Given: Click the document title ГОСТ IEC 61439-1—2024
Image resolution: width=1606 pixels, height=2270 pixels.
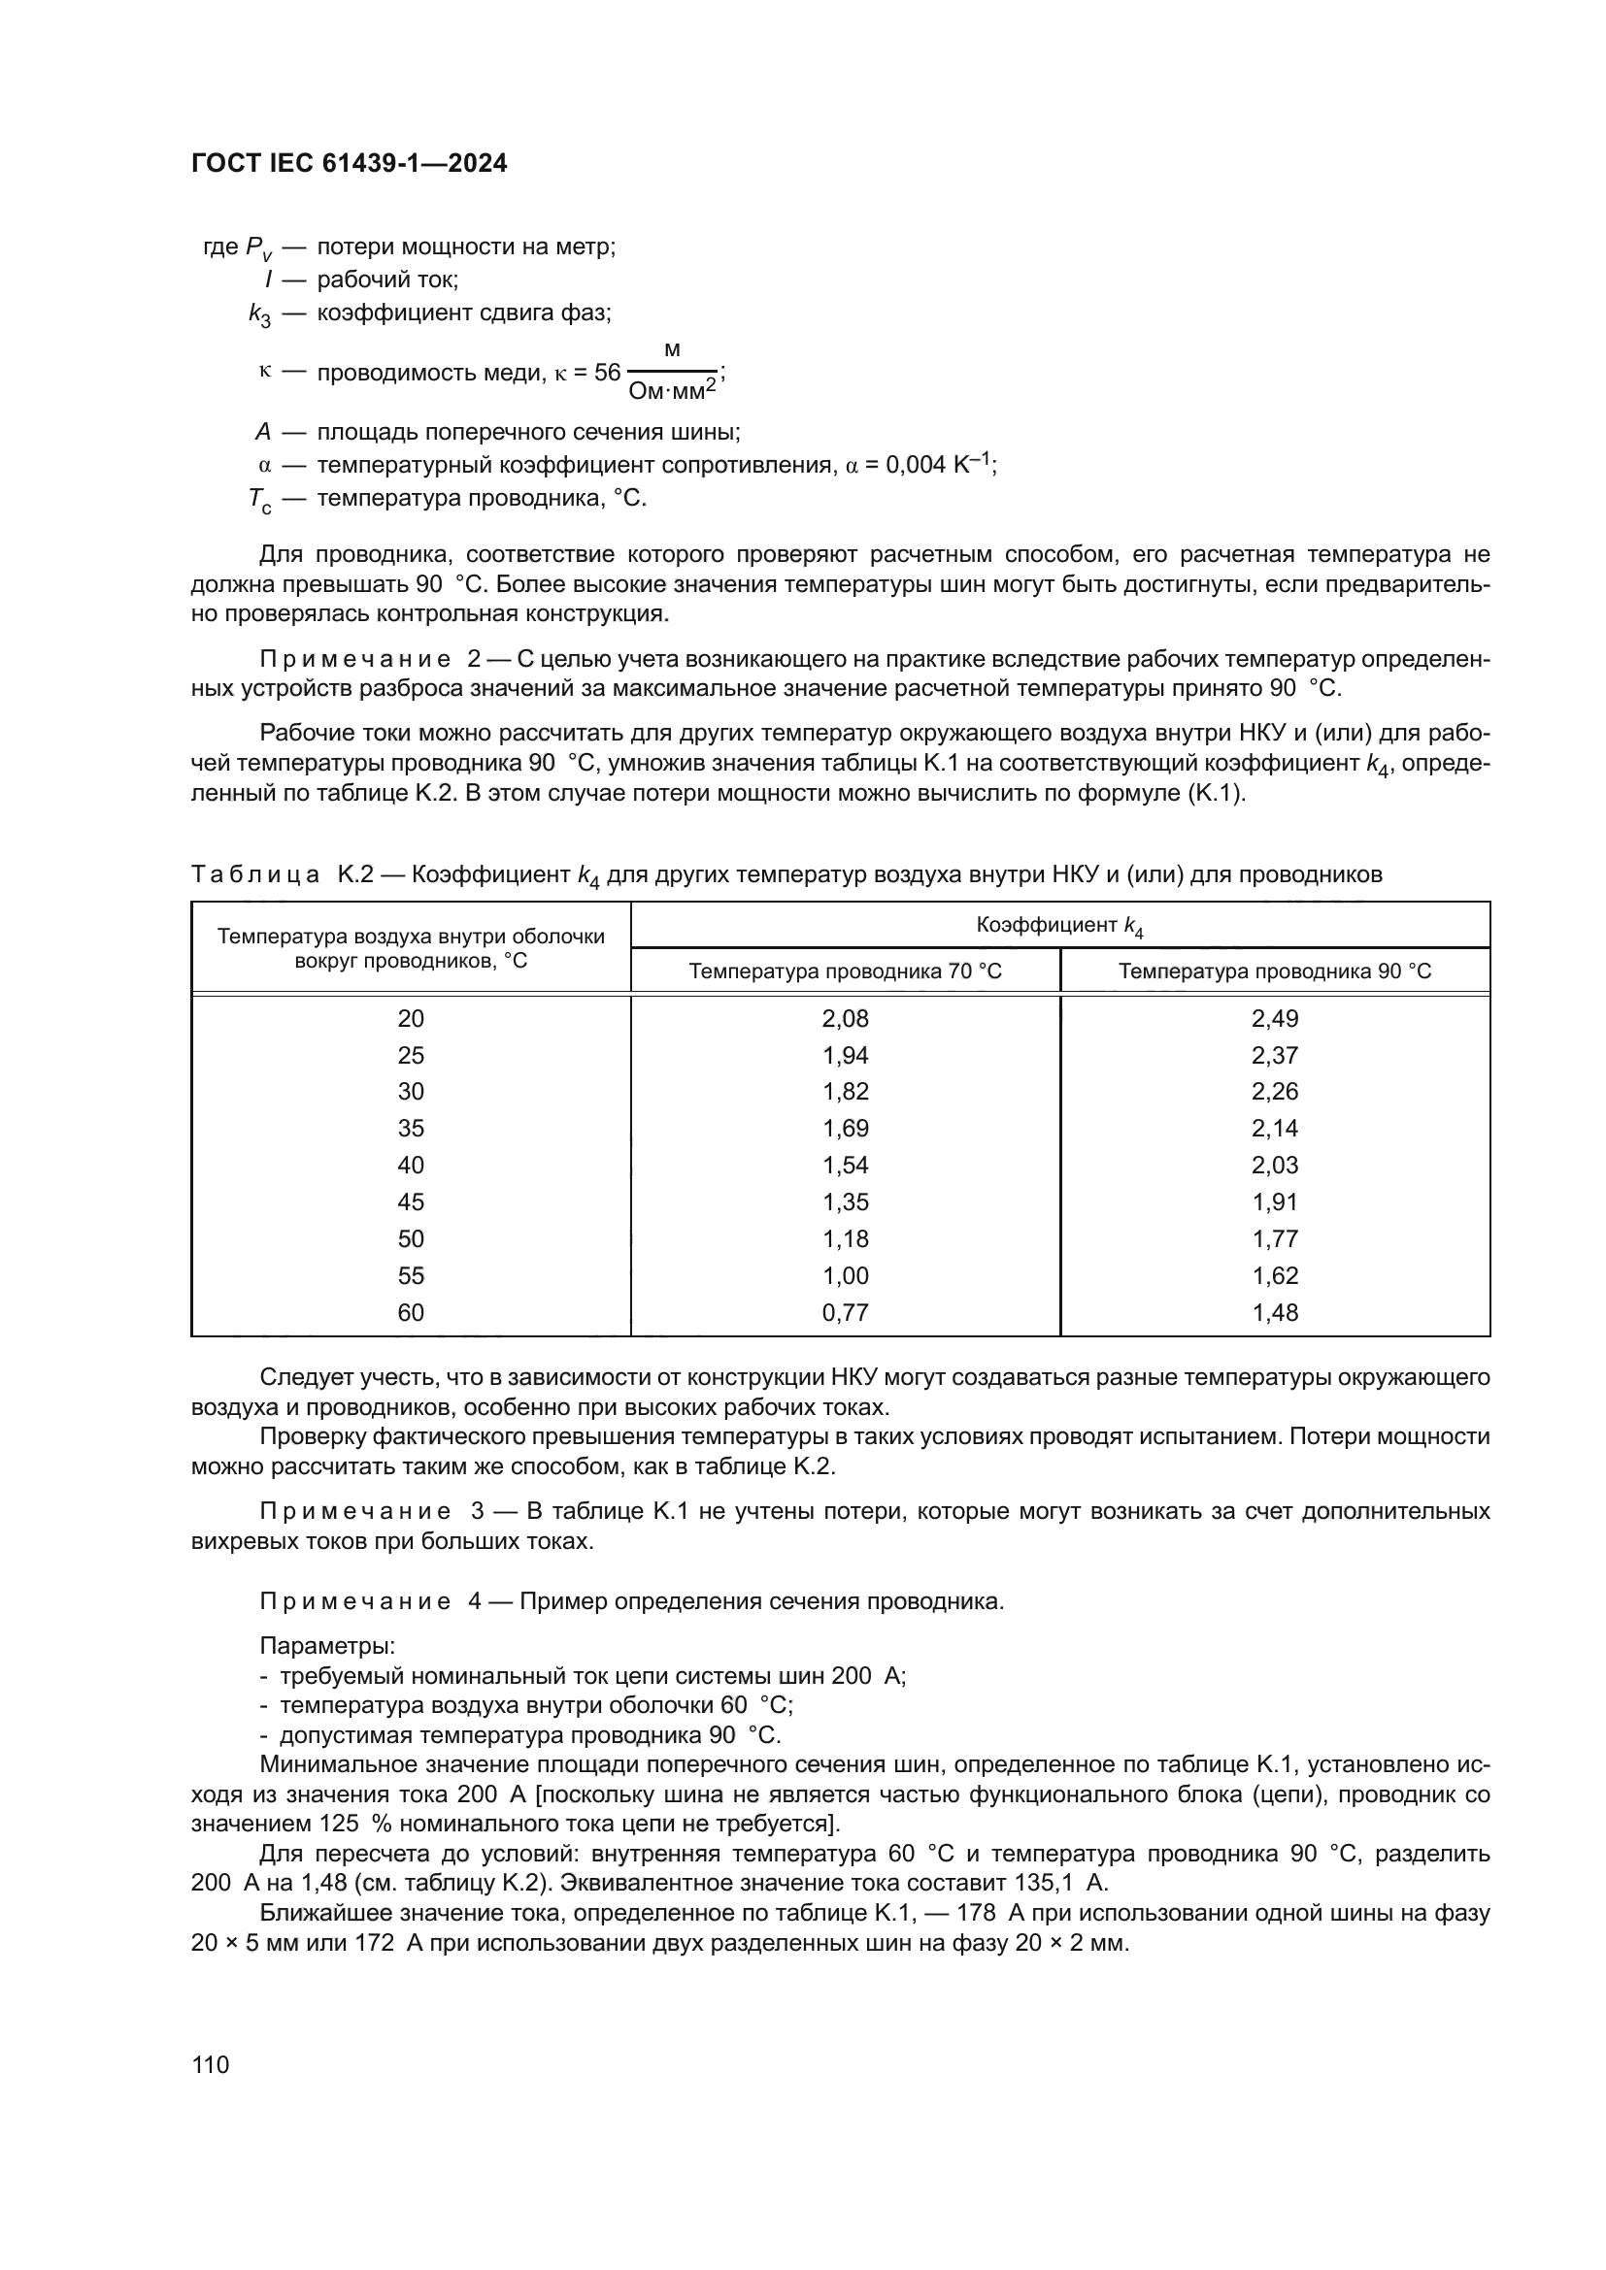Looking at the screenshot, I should (350, 164).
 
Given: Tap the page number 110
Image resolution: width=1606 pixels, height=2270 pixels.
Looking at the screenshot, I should (211, 2064).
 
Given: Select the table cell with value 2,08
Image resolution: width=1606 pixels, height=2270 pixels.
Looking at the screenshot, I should (845, 1018).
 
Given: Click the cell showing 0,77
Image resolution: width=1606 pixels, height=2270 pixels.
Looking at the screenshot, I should (845, 1312).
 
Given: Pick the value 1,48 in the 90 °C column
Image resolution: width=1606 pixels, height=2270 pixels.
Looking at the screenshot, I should (1274, 1312).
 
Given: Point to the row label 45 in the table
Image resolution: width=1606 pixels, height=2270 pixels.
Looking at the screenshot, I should (411, 1201).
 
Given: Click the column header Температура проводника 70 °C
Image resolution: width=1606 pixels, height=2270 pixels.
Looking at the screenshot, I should (845, 971).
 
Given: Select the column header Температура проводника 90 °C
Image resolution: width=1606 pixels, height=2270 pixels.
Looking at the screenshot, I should (1274, 971).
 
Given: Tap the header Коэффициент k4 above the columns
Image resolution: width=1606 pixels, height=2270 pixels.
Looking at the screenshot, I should (1059, 926).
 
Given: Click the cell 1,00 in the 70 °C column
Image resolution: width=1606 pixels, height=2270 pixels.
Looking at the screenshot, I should (845, 1275).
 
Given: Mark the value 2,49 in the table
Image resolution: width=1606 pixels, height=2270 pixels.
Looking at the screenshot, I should (1274, 1018).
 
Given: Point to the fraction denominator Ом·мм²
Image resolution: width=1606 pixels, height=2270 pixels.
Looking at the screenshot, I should (672, 392).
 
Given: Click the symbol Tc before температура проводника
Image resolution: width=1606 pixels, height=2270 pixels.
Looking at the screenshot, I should (259, 500).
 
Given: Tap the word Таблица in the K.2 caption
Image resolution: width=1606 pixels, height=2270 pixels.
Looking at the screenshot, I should (255, 874).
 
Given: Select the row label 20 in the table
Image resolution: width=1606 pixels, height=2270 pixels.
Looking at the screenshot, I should (411, 1018).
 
